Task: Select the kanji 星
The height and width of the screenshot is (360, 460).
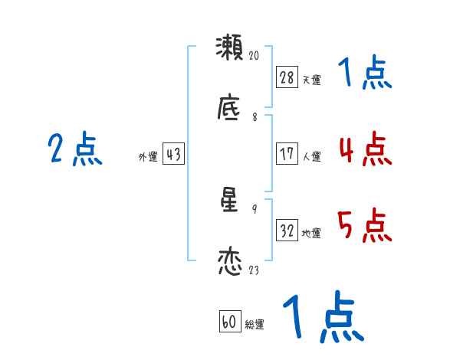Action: [230, 201]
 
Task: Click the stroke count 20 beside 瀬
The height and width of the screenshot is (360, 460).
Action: [255, 56]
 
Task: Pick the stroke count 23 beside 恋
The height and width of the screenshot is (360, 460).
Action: [255, 270]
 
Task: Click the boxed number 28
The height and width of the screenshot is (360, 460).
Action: [287, 77]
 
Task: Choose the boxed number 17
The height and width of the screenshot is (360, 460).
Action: [287, 153]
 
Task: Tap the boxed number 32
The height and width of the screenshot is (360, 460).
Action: [287, 231]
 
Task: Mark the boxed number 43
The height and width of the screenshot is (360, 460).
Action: [173, 154]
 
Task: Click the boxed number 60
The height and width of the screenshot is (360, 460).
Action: [229, 322]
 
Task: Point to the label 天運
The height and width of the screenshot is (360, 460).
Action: [311, 80]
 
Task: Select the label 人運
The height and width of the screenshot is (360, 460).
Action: [311, 156]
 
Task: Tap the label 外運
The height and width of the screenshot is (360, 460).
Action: [148, 157]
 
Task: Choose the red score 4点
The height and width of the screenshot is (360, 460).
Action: [365, 149]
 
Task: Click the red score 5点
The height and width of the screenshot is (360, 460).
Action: [365, 226]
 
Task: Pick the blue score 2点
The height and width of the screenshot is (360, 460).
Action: [74, 149]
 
